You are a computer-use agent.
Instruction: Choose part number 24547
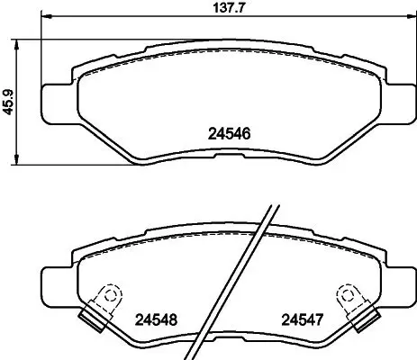tap(302, 318)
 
